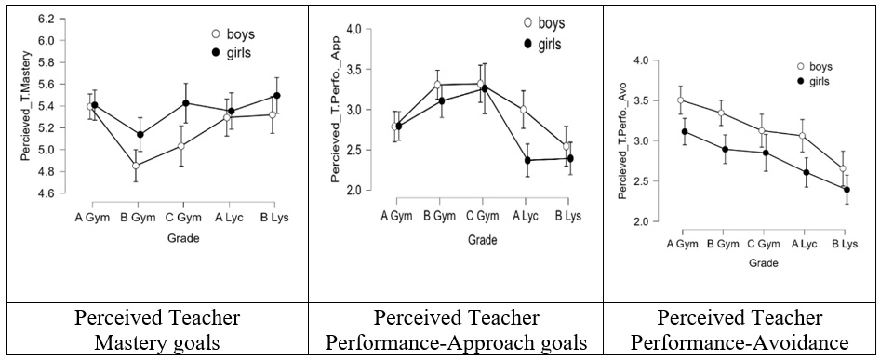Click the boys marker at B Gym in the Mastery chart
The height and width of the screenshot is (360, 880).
point(136,166)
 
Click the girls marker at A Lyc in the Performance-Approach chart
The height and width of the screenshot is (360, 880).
point(527,160)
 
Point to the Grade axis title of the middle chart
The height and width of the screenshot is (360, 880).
point(482,240)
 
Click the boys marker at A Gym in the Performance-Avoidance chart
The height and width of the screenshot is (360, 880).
point(681,100)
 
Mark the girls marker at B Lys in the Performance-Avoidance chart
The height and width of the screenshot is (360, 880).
point(847,190)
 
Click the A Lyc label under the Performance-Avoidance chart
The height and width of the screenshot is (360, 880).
point(805,245)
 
